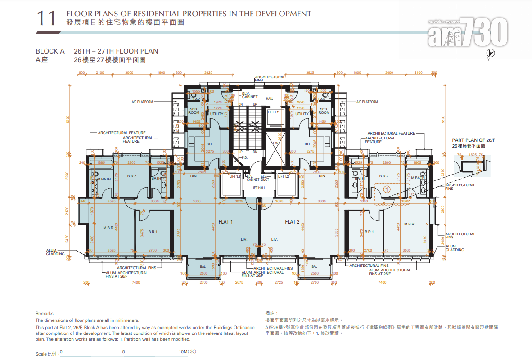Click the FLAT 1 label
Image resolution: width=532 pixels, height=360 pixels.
point(225,222)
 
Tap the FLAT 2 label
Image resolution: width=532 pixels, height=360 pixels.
point(292,222)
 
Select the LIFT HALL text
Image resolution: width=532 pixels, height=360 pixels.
point(258,188)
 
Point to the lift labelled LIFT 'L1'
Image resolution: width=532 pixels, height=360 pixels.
point(273,112)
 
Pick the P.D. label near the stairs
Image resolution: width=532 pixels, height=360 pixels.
point(245,157)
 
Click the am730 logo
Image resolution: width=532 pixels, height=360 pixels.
point(468,33)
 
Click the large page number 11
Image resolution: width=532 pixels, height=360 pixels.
point(46,18)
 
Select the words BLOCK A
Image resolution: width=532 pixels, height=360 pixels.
point(50,51)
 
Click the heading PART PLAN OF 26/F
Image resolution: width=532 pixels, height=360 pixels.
point(473,140)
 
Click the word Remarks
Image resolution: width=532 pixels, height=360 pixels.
point(45,314)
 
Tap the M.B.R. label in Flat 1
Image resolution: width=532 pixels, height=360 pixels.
point(108,228)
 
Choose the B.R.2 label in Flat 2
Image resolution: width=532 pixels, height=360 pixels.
point(383,176)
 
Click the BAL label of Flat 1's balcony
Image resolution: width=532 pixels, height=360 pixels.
point(203,266)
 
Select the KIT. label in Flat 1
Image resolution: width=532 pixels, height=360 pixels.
point(209,144)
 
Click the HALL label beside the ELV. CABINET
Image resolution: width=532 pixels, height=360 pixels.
point(270,99)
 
